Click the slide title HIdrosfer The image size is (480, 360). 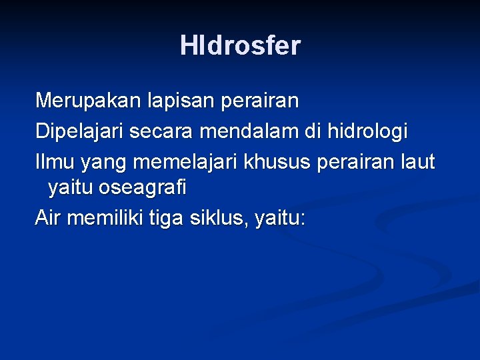point(240,46)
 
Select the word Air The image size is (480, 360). point(48,218)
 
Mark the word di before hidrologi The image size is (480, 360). point(313,132)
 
